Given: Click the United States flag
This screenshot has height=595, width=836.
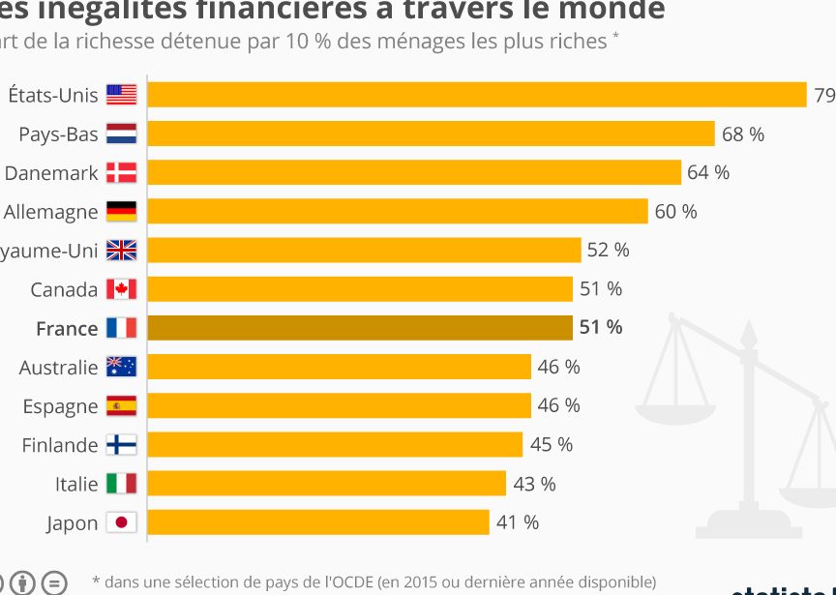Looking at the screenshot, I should [x=122, y=95].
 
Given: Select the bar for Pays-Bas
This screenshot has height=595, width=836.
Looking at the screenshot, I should [x=431, y=134].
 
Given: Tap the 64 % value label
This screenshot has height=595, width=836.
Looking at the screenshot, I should [x=708, y=172].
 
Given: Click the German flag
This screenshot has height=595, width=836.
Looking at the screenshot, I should [x=122, y=211].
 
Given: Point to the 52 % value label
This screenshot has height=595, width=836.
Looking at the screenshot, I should [x=608, y=250].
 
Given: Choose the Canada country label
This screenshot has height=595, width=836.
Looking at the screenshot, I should [x=64, y=289].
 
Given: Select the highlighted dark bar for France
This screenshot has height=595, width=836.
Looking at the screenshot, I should [x=360, y=328].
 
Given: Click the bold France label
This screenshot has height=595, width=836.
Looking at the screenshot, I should [x=67, y=329].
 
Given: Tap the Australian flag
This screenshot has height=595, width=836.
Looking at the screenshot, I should [x=122, y=367].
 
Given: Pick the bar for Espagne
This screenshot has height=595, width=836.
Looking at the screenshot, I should [x=339, y=405].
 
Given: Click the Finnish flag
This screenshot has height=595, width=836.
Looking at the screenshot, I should [x=122, y=445].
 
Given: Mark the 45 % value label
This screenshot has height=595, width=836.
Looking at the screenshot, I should [x=552, y=445].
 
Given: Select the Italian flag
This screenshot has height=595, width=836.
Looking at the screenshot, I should [x=122, y=484].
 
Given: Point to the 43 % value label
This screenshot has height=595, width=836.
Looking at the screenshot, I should [x=534, y=484].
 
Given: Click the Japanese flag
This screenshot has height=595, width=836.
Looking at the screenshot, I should [x=122, y=522].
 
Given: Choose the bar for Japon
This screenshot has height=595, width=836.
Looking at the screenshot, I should [x=318, y=522].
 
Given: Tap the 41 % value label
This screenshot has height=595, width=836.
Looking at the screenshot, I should [x=518, y=522].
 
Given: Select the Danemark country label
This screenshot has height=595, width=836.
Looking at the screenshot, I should [x=51, y=173].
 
